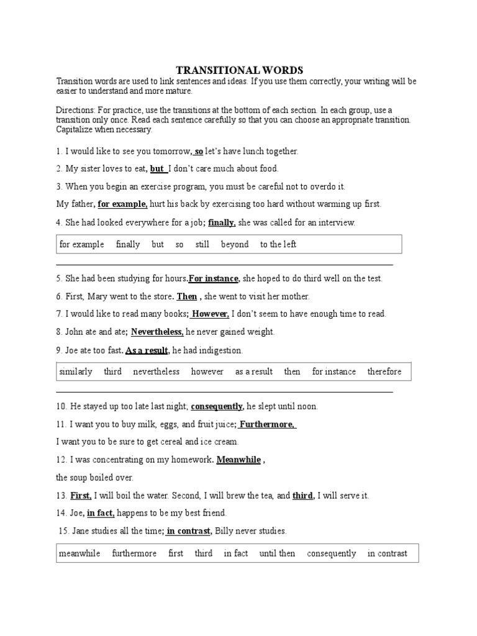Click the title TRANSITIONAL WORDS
(x=239, y=70)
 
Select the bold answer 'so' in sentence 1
(x=199, y=151)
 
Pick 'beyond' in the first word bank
(x=235, y=244)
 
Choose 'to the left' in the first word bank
(x=278, y=244)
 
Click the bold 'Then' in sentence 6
(x=187, y=296)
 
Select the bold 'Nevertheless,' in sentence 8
(x=157, y=332)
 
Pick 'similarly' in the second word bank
(x=76, y=371)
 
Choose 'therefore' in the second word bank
(x=384, y=371)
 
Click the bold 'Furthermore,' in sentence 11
(x=268, y=424)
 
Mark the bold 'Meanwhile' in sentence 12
(x=238, y=460)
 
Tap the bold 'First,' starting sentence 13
(x=81, y=496)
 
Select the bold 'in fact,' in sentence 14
(x=101, y=513)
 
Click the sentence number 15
(x=62, y=531)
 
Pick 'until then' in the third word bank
(x=277, y=553)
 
